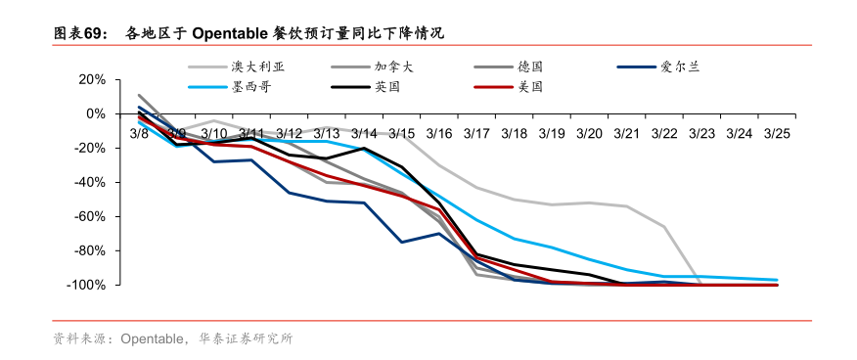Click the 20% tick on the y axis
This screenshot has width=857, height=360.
92,79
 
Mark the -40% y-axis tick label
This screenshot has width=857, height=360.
88,182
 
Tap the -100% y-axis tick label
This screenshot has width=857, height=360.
85,285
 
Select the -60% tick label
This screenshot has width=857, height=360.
88,216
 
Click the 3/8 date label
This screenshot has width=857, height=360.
139,133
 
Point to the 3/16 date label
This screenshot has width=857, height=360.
439,133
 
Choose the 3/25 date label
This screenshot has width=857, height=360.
777,133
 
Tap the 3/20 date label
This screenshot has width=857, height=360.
589,133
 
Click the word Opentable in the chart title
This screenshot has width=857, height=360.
230,33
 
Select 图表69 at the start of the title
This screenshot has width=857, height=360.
78,33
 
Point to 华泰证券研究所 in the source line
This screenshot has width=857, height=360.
246,338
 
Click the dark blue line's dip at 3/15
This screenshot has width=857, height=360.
401,242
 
